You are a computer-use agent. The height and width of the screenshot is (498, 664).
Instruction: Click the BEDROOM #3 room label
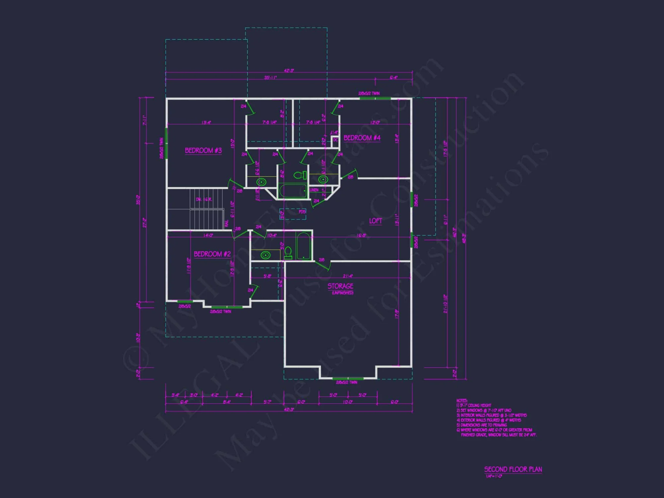[x=203, y=150]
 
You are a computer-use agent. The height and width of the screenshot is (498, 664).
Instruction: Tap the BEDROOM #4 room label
[x=362, y=138]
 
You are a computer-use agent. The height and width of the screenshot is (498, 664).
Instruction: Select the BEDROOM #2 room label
[x=212, y=254]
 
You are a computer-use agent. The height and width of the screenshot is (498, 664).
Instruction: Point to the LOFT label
[x=375, y=221]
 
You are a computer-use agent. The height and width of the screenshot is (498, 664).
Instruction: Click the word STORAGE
[x=340, y=286]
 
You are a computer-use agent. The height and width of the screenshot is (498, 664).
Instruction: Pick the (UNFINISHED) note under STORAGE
[x=343, y=293]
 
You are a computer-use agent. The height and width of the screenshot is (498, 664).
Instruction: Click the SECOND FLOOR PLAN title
[x=513, y=469]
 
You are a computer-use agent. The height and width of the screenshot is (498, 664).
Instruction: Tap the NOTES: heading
[x=462, y=401]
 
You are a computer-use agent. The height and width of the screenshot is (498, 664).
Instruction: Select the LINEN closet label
[x=314, y=190]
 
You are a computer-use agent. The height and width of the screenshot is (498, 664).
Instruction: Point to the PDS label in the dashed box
[x=302, y=212]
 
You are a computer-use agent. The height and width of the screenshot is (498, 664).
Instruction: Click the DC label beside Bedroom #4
[x=335, y=140]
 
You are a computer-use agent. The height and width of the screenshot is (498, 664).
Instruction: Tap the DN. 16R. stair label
[x=204, y=199]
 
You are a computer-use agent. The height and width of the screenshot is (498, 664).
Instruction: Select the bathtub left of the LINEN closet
[x=293, y=191]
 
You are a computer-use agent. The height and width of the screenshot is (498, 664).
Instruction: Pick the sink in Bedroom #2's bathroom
[x=265, y=255]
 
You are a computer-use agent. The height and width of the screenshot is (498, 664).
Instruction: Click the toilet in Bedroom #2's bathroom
[x=288, y=253]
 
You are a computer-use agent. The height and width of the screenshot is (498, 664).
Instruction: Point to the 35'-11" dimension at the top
[x=270, y=78]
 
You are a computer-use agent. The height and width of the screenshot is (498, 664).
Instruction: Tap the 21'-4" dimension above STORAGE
[x=348, y=276]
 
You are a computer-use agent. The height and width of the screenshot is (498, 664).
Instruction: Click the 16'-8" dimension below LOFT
[x=362, y=235]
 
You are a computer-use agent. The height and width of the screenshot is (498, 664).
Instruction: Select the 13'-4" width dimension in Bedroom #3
[x=206, y=123]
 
